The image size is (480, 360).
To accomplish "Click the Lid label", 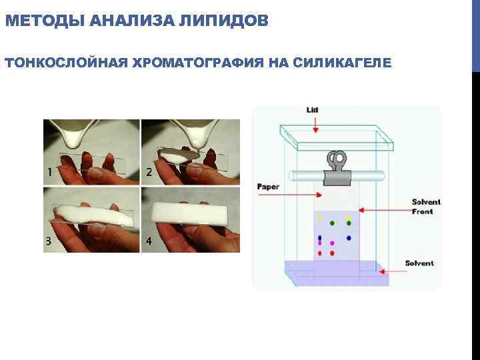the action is coord(312,109).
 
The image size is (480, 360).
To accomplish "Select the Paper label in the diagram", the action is coord(268,187).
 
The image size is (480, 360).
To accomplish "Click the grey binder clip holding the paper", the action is coord(338,170).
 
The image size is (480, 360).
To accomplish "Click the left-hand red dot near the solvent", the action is coord(320,253).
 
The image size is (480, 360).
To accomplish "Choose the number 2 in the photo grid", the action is coord(149,172).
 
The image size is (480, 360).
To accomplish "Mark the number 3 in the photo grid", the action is coord(49,241).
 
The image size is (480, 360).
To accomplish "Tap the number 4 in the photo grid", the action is coord(148,241).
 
